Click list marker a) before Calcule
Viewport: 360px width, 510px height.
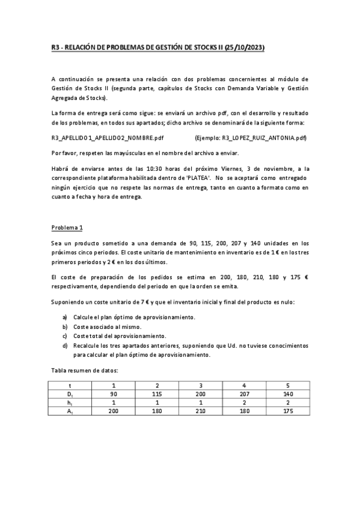(x=65, y=316)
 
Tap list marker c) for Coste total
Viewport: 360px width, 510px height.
(x=65, y=336)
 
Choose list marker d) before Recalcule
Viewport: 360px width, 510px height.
(x=65, y=345)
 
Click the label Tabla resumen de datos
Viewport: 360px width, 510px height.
(x=85, y=371)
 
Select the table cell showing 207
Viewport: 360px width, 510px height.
(x=243, y=394)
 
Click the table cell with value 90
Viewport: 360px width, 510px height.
(x=114, y=394)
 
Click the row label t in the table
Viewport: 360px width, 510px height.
(x=71, y=386)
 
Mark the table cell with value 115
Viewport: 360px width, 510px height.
(x=157, y=394)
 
